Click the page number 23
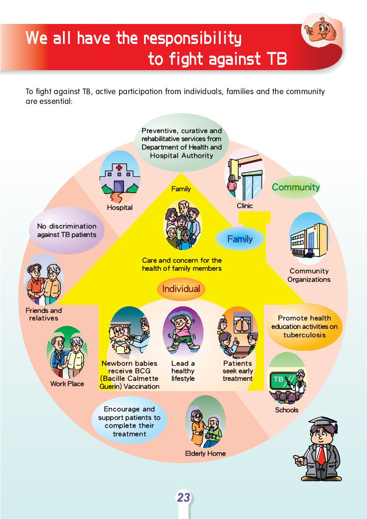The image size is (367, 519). click(183, 498)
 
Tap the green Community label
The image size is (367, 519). click(295, 187)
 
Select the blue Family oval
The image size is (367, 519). click(240, 239)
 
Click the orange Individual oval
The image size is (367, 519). click(181, 289)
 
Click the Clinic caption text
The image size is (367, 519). click(244, 206)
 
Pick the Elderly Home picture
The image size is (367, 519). click(205, 422)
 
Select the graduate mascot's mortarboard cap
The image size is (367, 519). click(323, 423)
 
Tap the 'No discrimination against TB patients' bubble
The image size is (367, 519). click(67, 230)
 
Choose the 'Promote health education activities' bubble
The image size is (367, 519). click(304, 326)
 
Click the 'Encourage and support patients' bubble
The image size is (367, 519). click(129, 421)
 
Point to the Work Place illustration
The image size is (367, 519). click(68, 353)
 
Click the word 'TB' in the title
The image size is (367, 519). click(275, 59)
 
